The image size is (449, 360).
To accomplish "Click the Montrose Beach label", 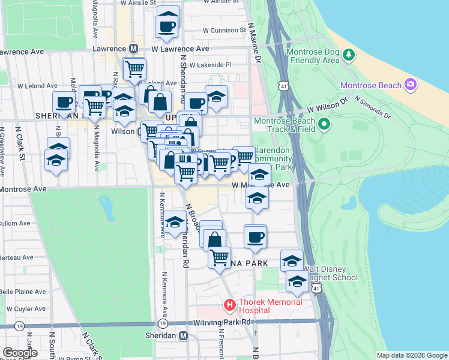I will click(370, 85).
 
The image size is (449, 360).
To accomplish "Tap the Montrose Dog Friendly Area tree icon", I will click(349, 56).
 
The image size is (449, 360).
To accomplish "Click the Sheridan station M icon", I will click(184, 335).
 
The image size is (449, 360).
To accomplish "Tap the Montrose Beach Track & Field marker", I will click(325, 125).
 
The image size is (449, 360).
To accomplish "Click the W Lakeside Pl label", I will click(211, 65).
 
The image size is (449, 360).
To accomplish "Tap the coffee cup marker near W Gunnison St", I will click(167, 26).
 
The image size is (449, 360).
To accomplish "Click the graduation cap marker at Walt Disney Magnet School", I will click(297, 281).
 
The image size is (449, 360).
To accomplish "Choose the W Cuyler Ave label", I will click(23, 308).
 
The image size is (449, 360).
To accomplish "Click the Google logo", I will click(20, 352).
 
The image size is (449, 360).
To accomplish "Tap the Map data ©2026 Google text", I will click(411, 355).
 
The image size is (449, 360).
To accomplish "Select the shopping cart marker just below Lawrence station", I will click(134, 68).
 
